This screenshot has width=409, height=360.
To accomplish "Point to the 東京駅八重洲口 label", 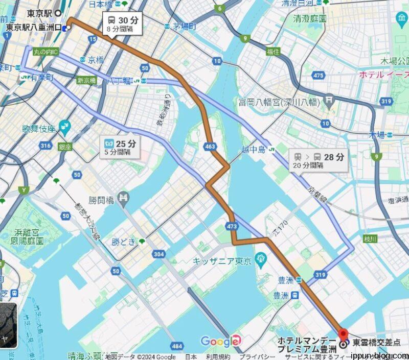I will pyautogui.click(x=33, y=28).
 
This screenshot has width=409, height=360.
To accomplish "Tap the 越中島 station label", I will pyautogui.click(x=255, y=150).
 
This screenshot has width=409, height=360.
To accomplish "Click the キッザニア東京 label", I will pyautogui.click(x=222, y=261).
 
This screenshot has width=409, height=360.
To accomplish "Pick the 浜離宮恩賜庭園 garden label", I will pyautogui.click(x=32, y=238).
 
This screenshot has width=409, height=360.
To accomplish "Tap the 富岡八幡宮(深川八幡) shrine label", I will pyautogui.click(x=279, y=102).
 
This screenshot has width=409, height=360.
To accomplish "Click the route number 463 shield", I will pyautogui.click(x=210, y=147).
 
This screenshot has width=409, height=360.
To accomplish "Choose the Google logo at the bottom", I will pyautogui.click(x=219, y=342).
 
